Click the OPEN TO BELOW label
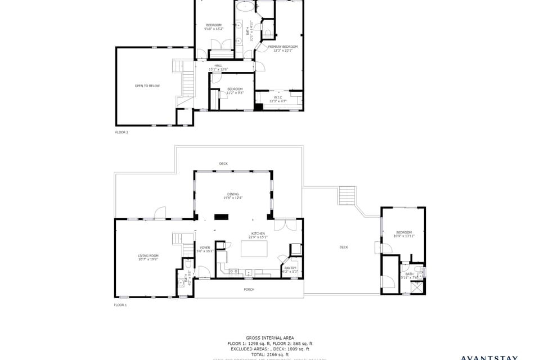tap(147, 86)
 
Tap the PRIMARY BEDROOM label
tap(282, 47)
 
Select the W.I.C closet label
tap(278, 97)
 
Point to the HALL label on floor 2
tap(218, 66)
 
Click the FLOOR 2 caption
tap(121, 132)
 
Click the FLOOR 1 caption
tap(120, 305)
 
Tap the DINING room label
tap(233, 194)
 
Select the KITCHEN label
tap(258, 233)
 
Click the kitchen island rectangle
tap(254, 248)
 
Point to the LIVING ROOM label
tap(148, 256)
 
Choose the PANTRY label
tap(290, 268)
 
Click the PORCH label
tap(249, 289)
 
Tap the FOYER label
tap(205, 247)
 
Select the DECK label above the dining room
tap(223, 164)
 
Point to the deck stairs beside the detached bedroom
tap(347, 196)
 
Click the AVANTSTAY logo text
tap(489, 357)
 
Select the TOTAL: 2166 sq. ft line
tap(269, 354)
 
